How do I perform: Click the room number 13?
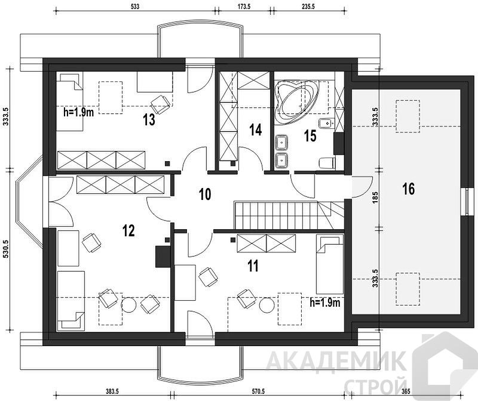click(149, 120)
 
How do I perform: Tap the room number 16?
click(409, 189)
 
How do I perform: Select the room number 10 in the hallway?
click(205, 195)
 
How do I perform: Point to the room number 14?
click(256, 130)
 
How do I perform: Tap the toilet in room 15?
click(327, 163)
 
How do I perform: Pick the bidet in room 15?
click(326, 124)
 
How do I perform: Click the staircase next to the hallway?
click(289, 215)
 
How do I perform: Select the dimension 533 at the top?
click(135, 7)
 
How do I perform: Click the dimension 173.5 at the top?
click(244, 7)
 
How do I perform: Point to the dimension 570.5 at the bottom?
click(258, 391)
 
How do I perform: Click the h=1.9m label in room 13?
click(78, 112)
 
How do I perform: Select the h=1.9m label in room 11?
click(325, 303)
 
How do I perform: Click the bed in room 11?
click(330, 264)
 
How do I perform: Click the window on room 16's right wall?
click(467, 202)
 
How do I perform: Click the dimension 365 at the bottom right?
click(406, 391)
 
